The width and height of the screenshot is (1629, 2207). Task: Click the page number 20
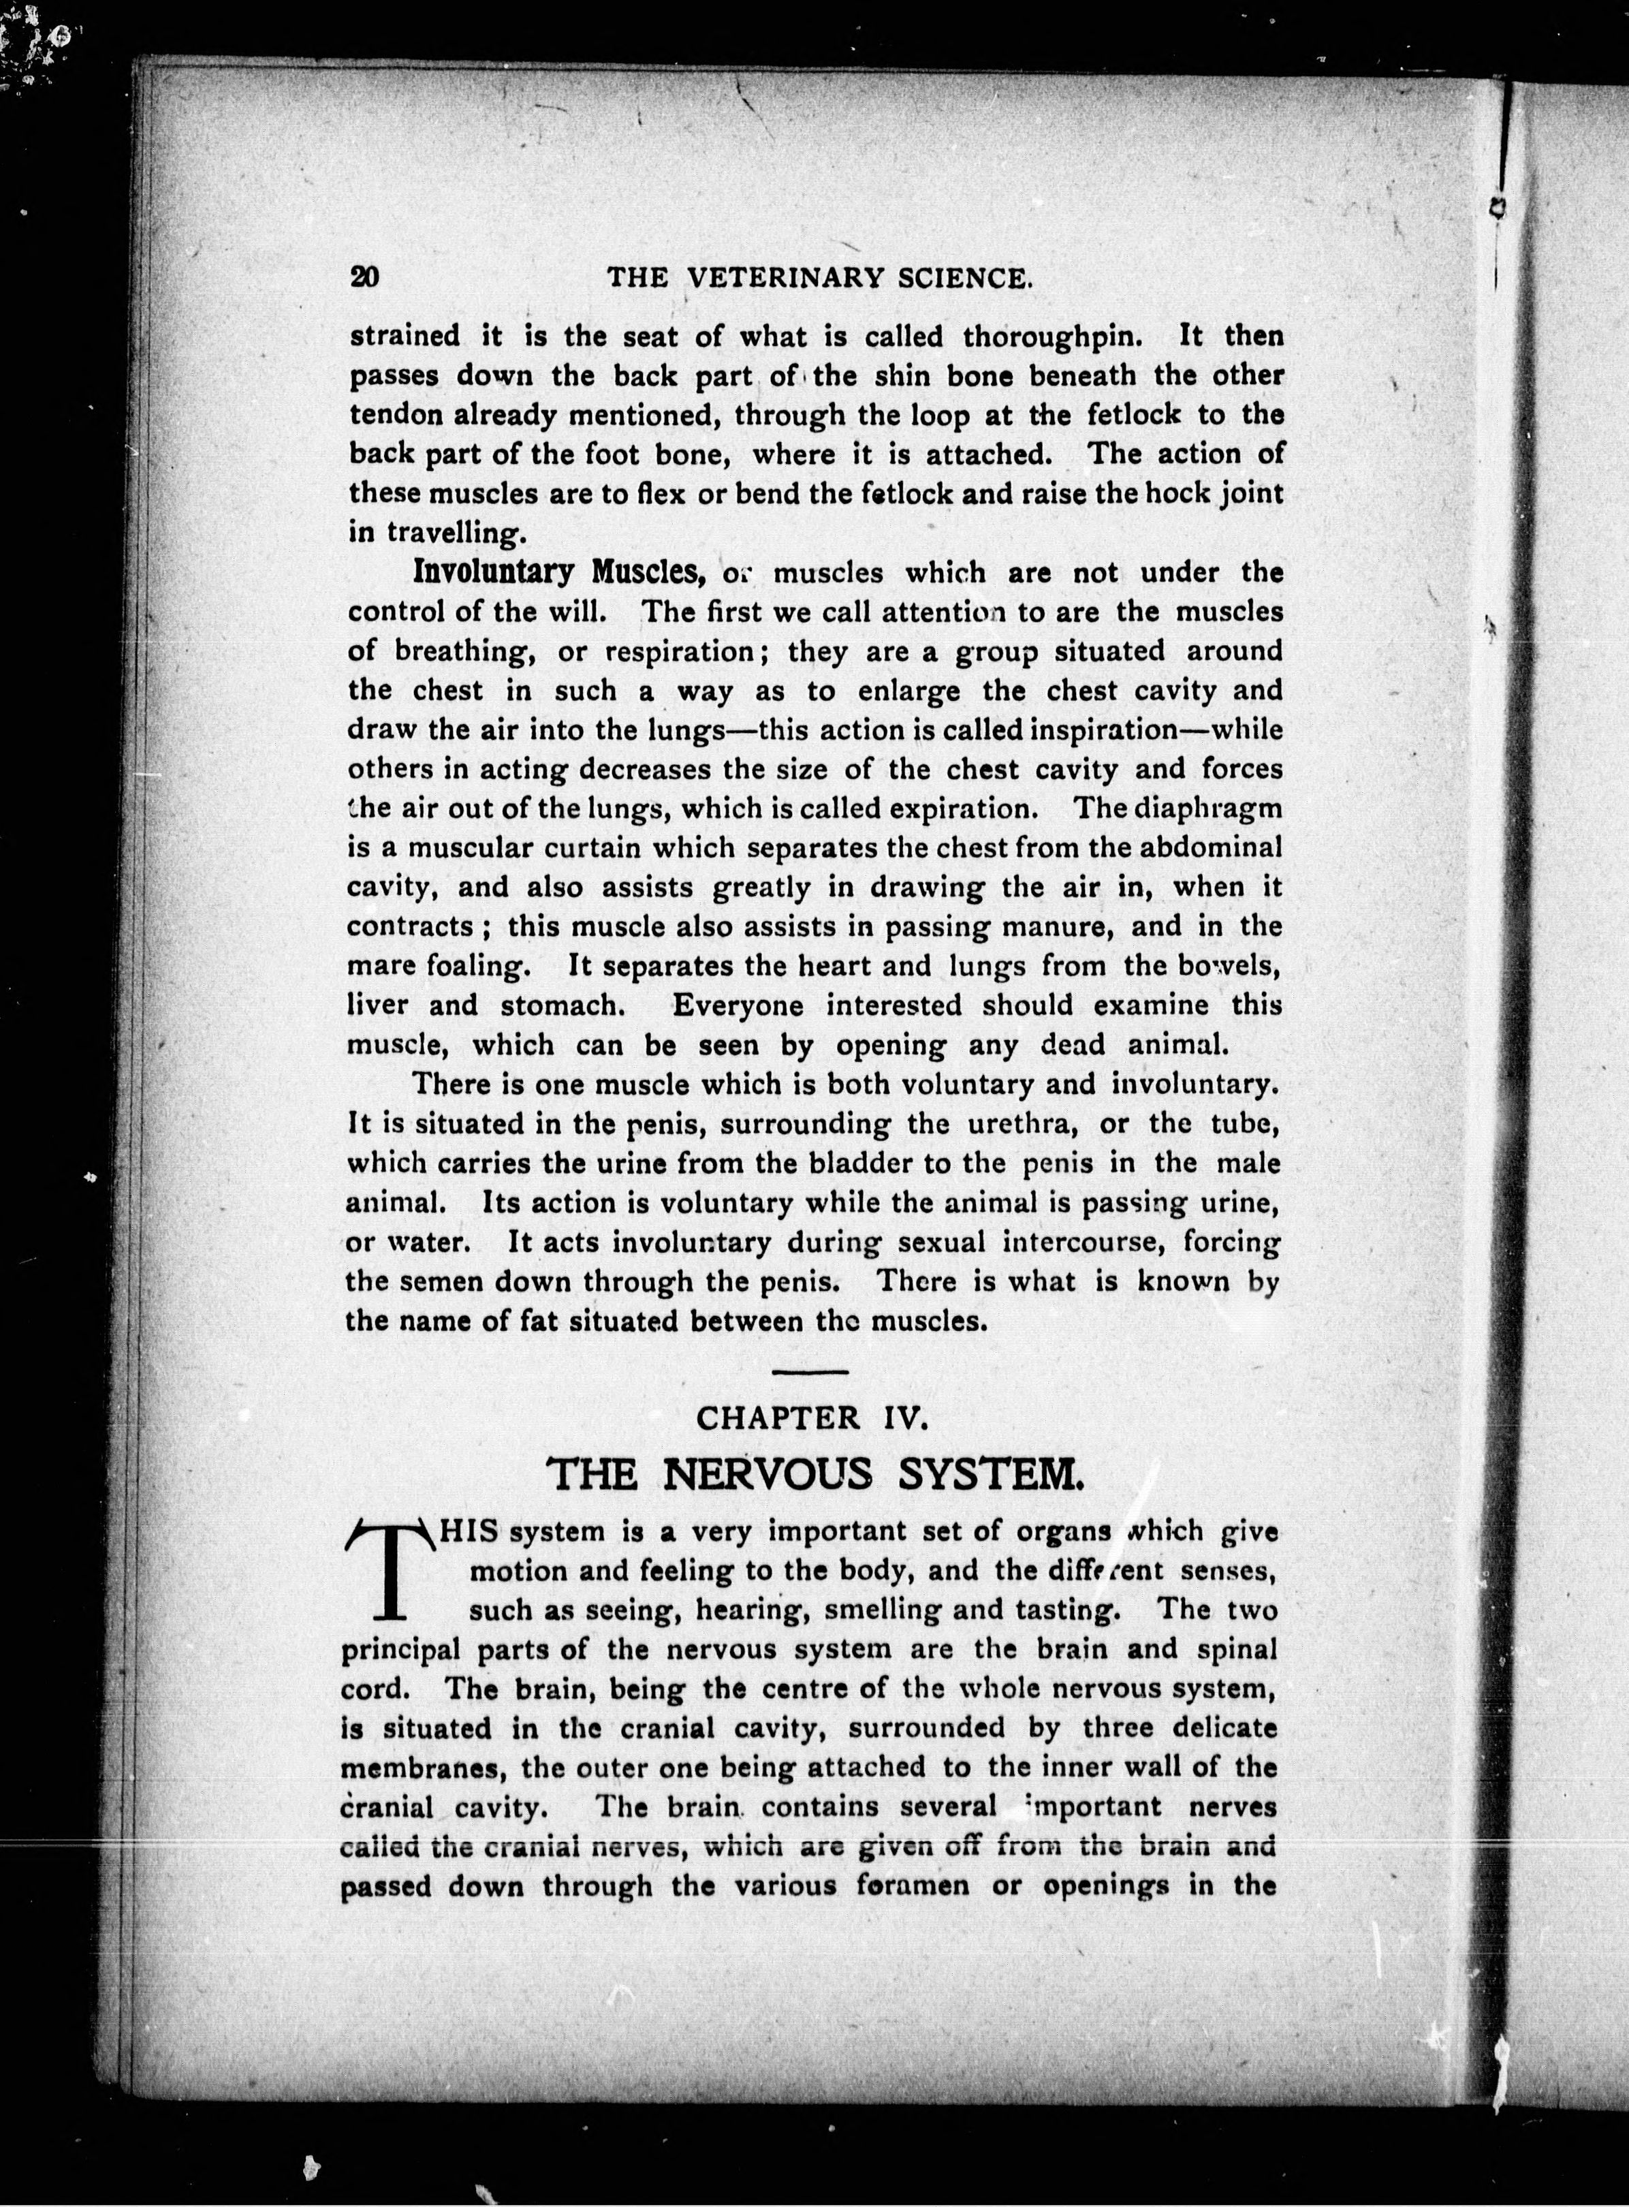(364, 277)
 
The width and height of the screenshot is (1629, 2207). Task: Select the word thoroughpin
(1052, 336)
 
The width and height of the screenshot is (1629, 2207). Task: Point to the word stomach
(561, 1006)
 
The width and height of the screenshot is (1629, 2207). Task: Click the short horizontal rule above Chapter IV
(810, 1373)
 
